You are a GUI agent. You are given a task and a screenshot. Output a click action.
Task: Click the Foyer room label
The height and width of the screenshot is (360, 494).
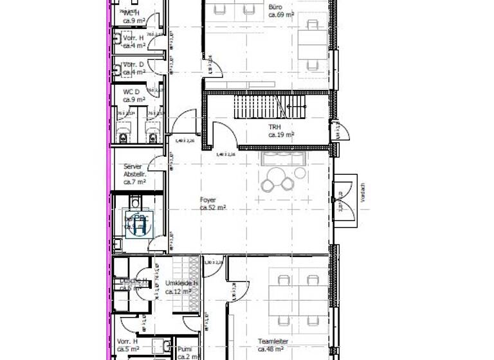(x=208, y=200)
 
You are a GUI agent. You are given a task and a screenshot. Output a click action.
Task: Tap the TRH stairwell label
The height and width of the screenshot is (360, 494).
(x=275, y=127)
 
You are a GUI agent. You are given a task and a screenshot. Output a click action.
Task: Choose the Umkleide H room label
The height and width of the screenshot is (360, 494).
(x=181, y=283)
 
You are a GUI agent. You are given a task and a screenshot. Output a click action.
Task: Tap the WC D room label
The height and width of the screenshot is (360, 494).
(x=131, y=92)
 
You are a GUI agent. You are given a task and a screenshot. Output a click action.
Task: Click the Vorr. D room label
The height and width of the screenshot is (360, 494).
(x=133, y=64)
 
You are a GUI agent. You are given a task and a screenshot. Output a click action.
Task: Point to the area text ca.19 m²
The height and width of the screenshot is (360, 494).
(x=281, y=135)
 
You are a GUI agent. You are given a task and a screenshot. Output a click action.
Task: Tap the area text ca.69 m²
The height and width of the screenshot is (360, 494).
(x=282, y=14)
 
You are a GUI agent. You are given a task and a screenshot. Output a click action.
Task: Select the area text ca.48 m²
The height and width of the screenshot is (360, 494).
(x=270, y=350)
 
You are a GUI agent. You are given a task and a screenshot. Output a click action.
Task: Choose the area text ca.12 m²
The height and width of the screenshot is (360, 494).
(x=178, y=291)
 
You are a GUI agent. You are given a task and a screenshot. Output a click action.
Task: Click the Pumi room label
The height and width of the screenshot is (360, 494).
(x=184, y=348)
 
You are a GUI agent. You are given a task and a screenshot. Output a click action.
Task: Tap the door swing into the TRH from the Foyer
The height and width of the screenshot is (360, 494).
(x=224, y=136)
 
